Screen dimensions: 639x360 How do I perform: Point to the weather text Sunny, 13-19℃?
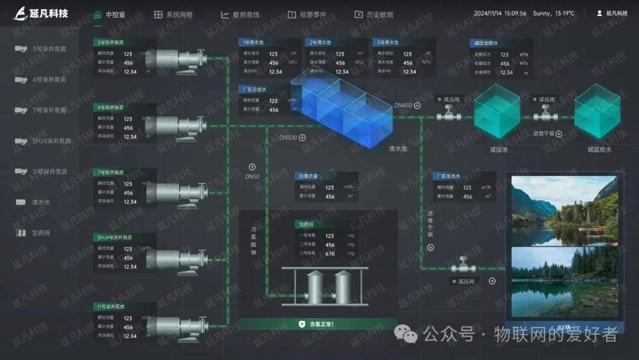(x=553, y=13)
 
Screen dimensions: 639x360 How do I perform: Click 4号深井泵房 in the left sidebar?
(x=49, y=79)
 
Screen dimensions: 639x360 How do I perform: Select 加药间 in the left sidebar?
(x=41, y=233)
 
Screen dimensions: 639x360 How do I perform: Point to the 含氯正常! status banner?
(x=317, y=324)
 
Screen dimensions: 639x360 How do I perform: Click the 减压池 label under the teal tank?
(x=499, y=149)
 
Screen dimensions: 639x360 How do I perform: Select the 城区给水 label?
(x=599, y=149)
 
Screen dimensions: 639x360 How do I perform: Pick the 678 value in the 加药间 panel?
(x=330, y=253)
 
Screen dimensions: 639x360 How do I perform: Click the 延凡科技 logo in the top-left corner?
(x=41, y=12)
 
